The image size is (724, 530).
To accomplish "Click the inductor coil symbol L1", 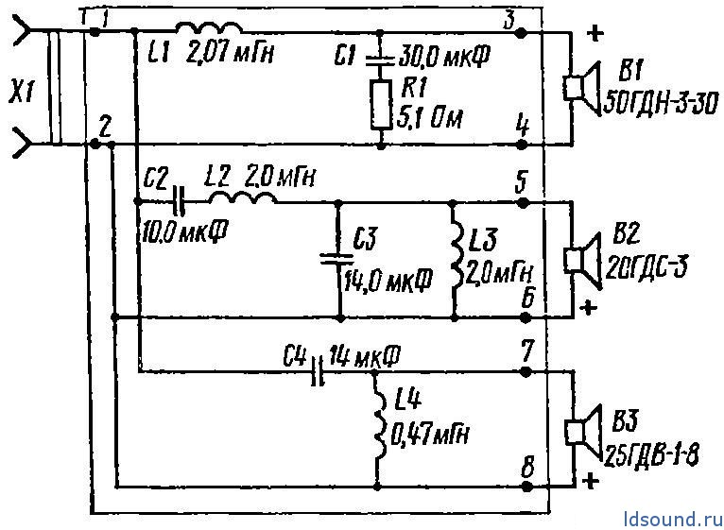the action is click(x=209, y=27).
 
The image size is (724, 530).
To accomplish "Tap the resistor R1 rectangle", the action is click(x=381, y=104).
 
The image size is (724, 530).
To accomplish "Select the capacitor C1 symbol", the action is click(x=380, y=60).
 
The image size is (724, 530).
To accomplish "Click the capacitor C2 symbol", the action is click(x=178, y=202).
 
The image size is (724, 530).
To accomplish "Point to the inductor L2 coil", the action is click(x=243, y=197).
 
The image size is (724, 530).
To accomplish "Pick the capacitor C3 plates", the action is click(x=339, y=259).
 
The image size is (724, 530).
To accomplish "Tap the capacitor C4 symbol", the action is click(x=318, y=370).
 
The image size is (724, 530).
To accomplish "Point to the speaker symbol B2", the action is click(x=583, y=260).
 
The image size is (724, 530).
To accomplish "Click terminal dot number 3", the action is click(x=522, y=33).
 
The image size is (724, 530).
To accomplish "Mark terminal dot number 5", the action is click(x=523, y=202).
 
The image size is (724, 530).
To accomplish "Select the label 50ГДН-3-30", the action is click(x=661, y=105).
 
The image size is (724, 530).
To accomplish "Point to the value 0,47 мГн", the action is click(x=430, y=435).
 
